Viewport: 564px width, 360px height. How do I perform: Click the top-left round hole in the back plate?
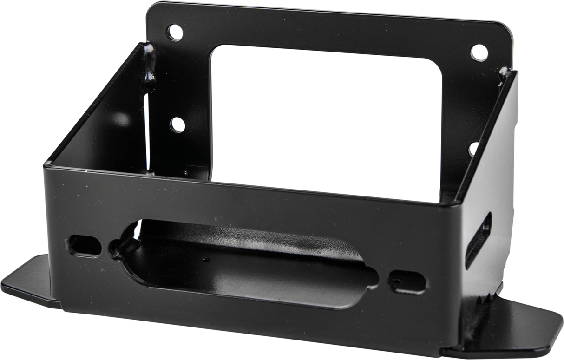(175, 33)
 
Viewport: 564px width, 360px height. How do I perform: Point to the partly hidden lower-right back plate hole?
(472, 149)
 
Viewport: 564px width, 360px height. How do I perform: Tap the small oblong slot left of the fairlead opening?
(84, 245)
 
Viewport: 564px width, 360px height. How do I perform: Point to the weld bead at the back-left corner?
(150, 65)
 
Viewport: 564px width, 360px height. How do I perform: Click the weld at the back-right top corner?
(504, 74)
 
